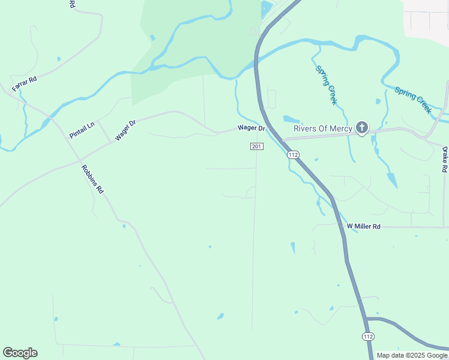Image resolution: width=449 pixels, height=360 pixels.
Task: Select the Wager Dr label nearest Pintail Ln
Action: point(125,130)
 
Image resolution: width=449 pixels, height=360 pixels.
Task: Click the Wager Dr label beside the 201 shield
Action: point(251,128)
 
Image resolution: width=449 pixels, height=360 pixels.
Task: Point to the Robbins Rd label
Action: point(92,178)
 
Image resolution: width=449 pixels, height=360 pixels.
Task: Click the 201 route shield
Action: point(256,146)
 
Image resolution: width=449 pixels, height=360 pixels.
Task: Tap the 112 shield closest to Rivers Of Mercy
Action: point(293,155)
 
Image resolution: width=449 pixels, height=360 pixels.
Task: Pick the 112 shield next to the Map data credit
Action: point(368,337)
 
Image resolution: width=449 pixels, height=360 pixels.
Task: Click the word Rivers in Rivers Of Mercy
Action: point(307,128)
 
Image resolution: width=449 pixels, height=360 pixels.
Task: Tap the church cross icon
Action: point(361,127)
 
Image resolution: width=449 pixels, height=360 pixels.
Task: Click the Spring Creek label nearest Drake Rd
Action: point(413,100)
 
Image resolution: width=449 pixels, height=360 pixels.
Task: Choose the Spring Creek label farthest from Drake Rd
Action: point(326,85)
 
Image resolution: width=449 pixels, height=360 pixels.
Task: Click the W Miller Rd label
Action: point(364,226)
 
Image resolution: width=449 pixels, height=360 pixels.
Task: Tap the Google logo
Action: point(20,353)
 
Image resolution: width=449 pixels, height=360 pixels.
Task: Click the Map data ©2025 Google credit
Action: point(411,355)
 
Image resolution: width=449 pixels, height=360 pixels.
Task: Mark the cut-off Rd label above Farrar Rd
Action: point(72,4)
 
